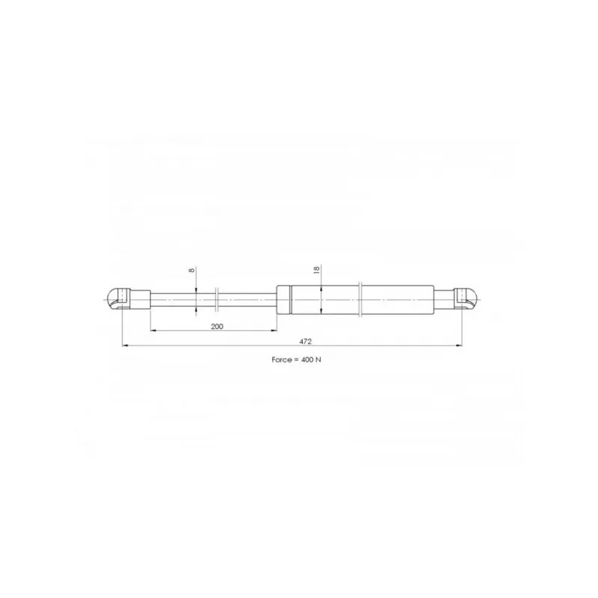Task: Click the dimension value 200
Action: coord(217,327)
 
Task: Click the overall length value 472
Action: coord(305,342)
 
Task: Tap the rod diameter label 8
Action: coord(192,270)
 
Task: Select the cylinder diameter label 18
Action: coord(316,270)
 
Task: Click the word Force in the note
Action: coord(282,360)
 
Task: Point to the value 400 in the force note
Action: coord(306,360)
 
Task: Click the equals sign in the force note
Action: coord(296,360)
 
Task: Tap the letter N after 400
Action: coord(318,360)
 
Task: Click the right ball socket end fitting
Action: coord(466,300)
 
